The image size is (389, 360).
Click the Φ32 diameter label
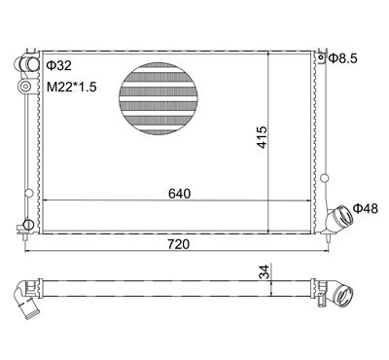pos(58,66)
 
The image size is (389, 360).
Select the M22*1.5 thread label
pos(72,87)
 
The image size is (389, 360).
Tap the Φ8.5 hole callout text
pos(342,58)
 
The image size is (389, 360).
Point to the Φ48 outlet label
pos(366,208)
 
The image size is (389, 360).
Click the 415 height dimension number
pos(262,137)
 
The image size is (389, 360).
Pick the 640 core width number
pos(179,194)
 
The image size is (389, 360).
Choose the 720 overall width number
pos(178,244)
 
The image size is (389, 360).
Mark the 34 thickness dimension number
pos(265,271)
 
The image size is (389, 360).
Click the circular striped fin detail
pos(159,98)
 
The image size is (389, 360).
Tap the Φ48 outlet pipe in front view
pos(339,217)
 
